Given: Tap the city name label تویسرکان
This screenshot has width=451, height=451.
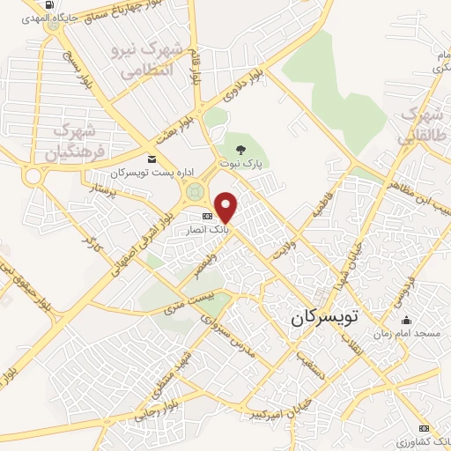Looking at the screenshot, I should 327,317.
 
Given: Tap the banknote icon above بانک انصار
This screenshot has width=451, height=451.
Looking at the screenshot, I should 207,216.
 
